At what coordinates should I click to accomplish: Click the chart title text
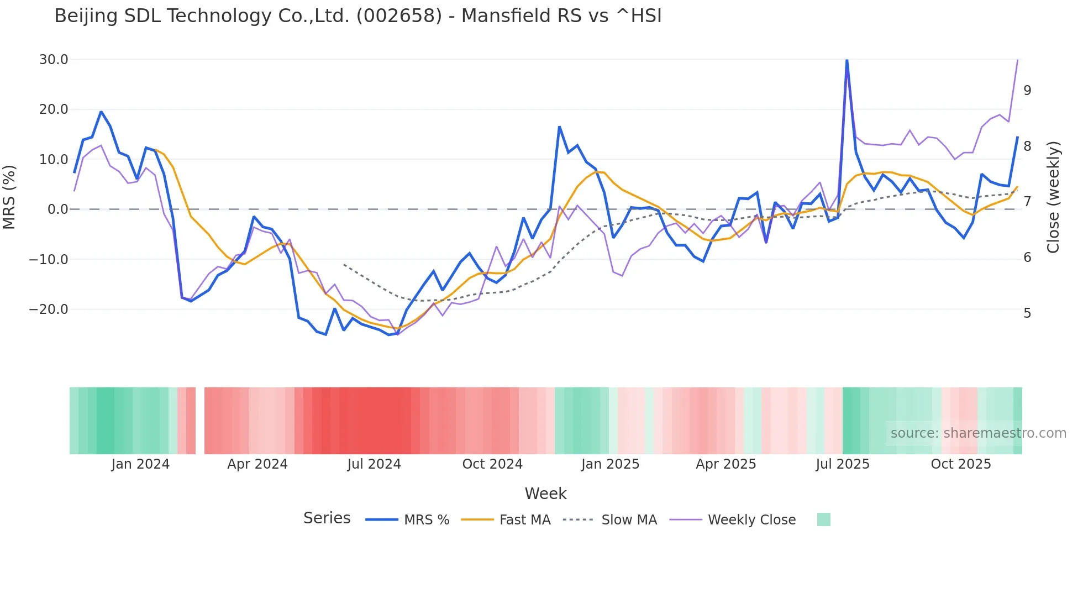[358, 16]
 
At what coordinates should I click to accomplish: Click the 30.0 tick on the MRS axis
[54, 60]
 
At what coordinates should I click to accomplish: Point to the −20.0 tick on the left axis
[49, 309]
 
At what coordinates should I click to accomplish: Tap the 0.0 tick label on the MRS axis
[57, 209]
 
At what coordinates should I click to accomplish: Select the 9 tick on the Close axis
[1027, 91]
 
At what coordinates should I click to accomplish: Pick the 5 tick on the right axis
[1027, 313]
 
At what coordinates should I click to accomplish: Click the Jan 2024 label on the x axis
[140, 464]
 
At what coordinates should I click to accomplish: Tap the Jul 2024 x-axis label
[374, 464]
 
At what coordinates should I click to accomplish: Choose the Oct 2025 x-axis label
[961, 464]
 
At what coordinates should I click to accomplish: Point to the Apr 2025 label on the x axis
[726, 464]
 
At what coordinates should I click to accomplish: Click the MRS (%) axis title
[9, 197]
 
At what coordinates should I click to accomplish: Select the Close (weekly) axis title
[1053, 197]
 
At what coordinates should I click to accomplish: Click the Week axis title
[545, 494]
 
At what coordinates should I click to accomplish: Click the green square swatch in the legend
[824, 519]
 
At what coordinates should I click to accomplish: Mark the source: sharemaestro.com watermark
[978, 433]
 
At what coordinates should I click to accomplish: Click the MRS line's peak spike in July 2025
[847, 60]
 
